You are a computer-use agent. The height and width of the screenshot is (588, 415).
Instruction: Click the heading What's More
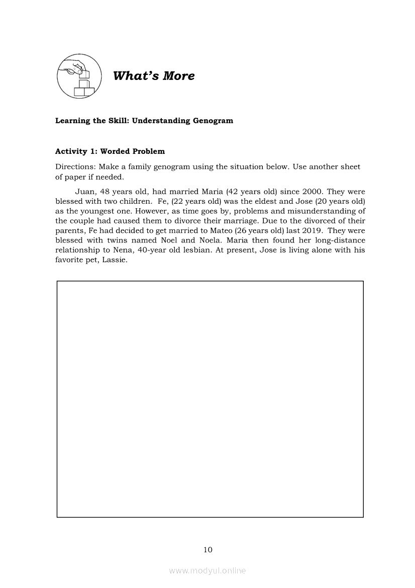154,76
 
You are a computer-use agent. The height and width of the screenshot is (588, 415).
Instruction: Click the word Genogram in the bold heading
213,121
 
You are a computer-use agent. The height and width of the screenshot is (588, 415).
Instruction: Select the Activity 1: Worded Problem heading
110,151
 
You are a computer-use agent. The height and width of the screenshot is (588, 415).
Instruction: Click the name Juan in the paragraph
85,192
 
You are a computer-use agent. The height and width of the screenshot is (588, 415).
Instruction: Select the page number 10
208,550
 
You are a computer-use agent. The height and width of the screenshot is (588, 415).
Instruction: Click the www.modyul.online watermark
207,570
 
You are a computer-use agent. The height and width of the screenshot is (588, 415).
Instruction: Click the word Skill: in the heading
118,121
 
